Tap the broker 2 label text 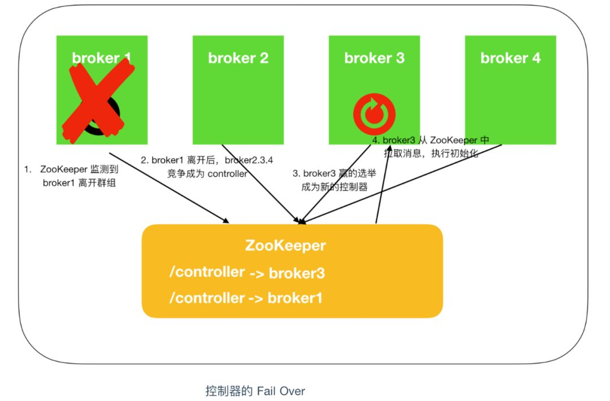(x=238, y=58)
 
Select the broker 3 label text (x=374, y=58)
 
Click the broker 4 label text (x=511, y=58)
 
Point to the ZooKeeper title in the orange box (x=285, y=246)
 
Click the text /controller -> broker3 (x=247, y=273)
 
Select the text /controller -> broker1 (x=246, y=298)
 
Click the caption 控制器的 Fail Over (x=255, y=390)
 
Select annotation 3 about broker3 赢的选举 (x=333, y=180)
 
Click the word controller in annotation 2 (x=228, y=174)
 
